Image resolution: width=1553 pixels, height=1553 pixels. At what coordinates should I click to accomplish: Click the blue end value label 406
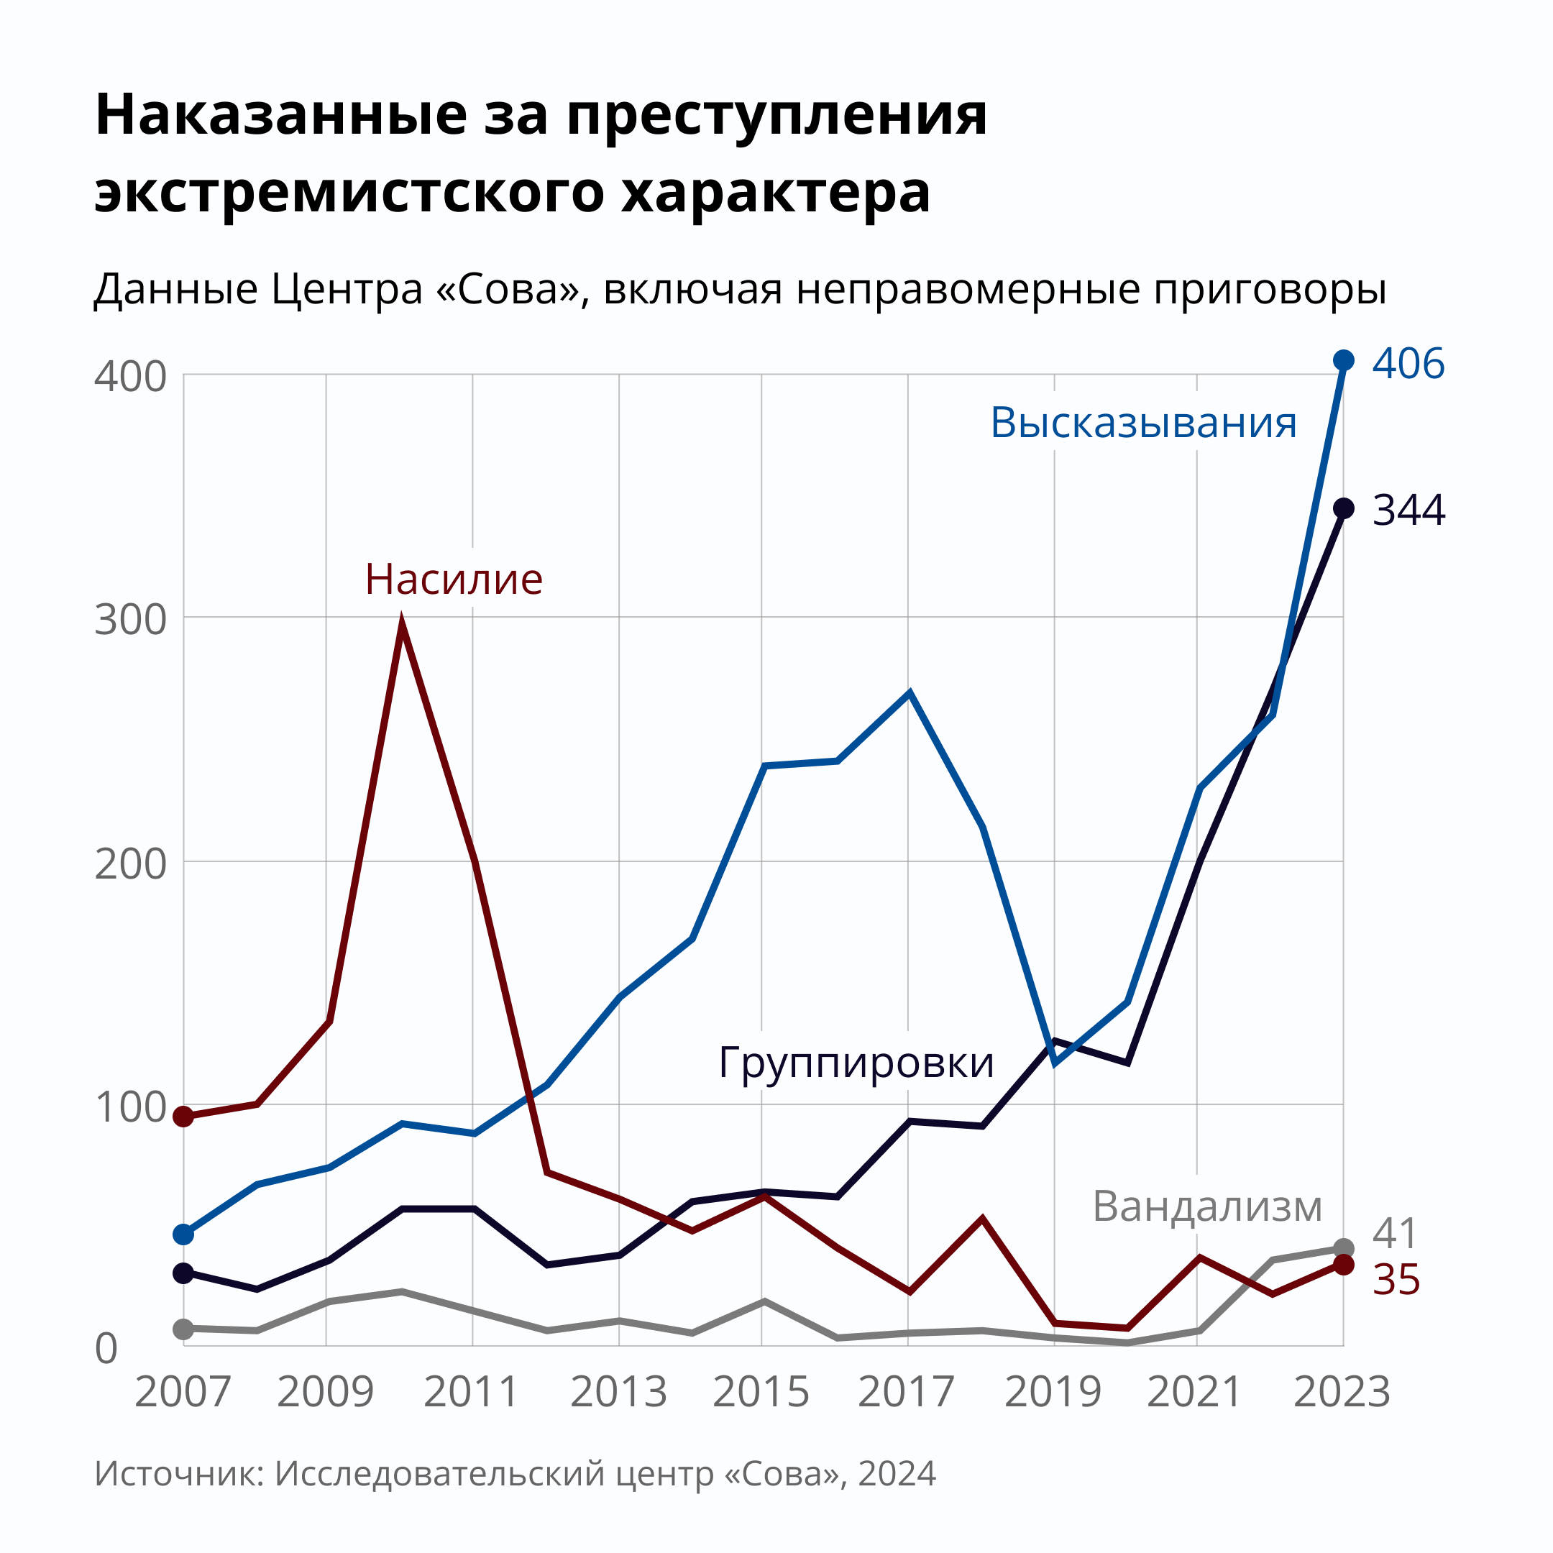[1408, 363]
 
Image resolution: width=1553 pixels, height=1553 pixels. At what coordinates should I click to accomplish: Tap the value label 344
[1408, 510]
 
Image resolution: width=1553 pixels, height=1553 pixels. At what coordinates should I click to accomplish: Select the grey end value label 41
[1396, 1233]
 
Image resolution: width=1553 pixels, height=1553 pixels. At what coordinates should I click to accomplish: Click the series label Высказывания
[1143, 423]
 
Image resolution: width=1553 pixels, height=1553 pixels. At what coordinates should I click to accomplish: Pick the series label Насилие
[454, 579]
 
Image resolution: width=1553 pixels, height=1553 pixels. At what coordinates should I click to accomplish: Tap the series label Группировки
[856, 1062]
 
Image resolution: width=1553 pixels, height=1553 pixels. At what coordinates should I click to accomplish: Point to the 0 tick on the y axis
[106, 1349]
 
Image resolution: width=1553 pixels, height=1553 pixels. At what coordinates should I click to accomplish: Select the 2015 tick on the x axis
[761, 1392]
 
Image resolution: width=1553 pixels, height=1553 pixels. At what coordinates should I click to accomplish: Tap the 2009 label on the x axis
[326, 1392]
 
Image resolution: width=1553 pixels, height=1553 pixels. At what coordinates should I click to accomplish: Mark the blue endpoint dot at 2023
[1343, 360]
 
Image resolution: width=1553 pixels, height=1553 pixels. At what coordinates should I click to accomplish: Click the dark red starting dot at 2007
[183, 1117]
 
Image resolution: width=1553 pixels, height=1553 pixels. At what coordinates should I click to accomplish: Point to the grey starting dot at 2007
[183, 1329]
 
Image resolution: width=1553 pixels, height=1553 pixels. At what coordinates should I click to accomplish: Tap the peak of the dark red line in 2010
[402, 622]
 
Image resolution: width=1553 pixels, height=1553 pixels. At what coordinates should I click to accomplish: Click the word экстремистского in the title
[349, 193]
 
